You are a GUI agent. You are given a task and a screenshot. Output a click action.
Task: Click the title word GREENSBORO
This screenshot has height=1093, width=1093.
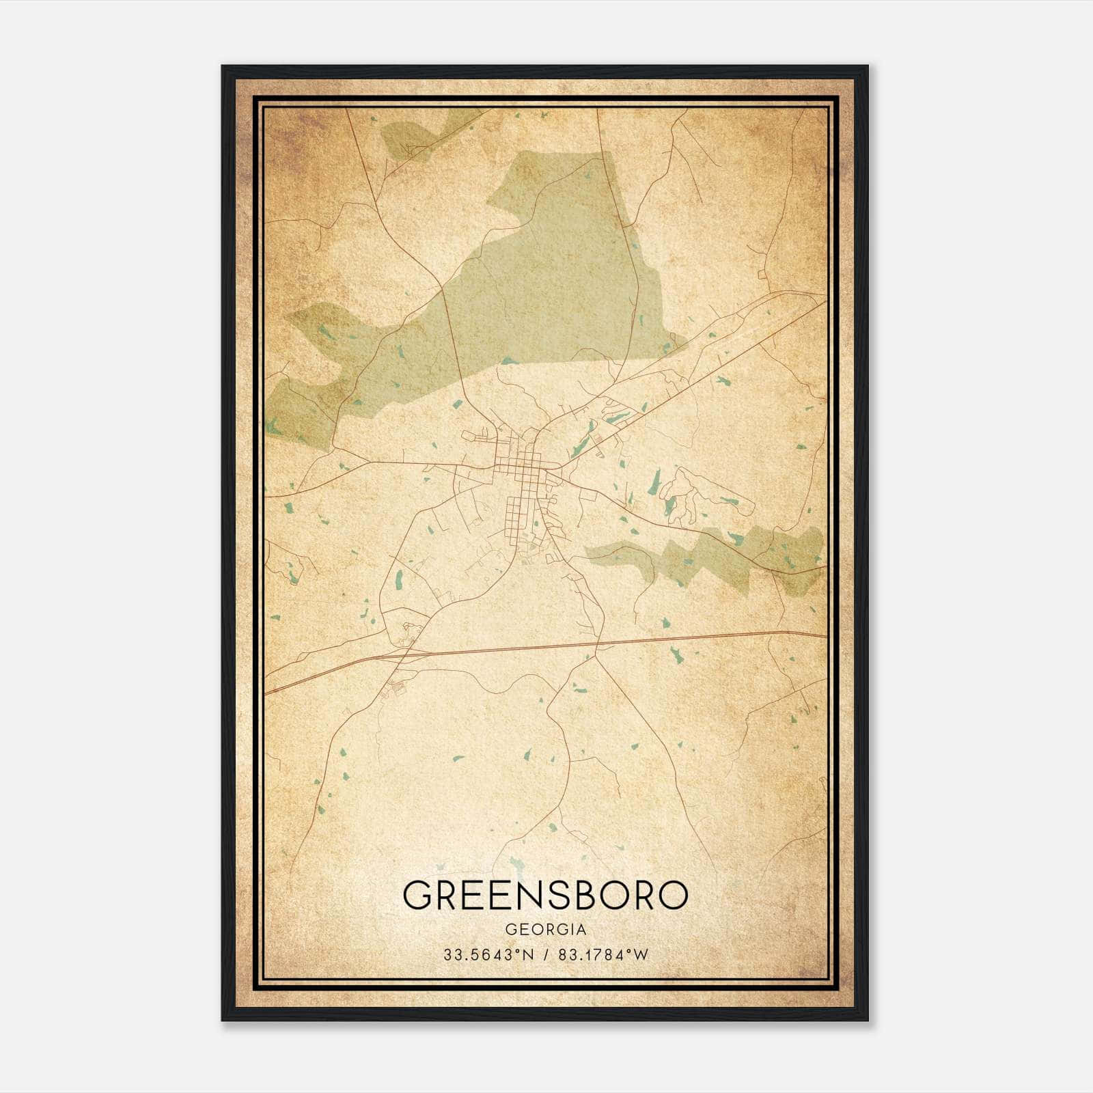click(544, 895)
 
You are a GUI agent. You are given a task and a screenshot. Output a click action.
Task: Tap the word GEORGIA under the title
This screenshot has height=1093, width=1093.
click(545, 930)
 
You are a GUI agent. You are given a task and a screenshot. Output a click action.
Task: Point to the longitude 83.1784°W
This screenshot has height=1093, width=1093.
click(603, 955)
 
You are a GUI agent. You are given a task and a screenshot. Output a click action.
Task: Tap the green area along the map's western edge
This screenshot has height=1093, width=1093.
click(301, 410)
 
